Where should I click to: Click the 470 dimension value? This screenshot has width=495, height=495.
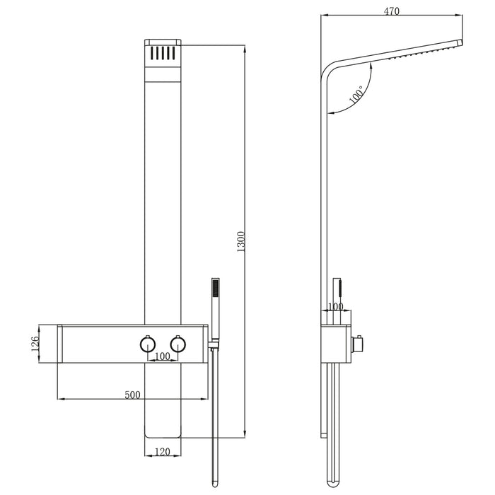coord(392,11)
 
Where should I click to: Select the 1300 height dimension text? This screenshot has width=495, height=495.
coord(240,243)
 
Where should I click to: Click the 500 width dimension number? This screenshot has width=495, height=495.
coord(132,395)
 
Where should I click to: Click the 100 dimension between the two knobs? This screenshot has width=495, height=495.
coord(163,356)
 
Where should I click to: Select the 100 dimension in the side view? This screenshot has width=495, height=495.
coord(335,307)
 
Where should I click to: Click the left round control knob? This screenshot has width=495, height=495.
coord(147,344)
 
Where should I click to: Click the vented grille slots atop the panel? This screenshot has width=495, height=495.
coord(163,53)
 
